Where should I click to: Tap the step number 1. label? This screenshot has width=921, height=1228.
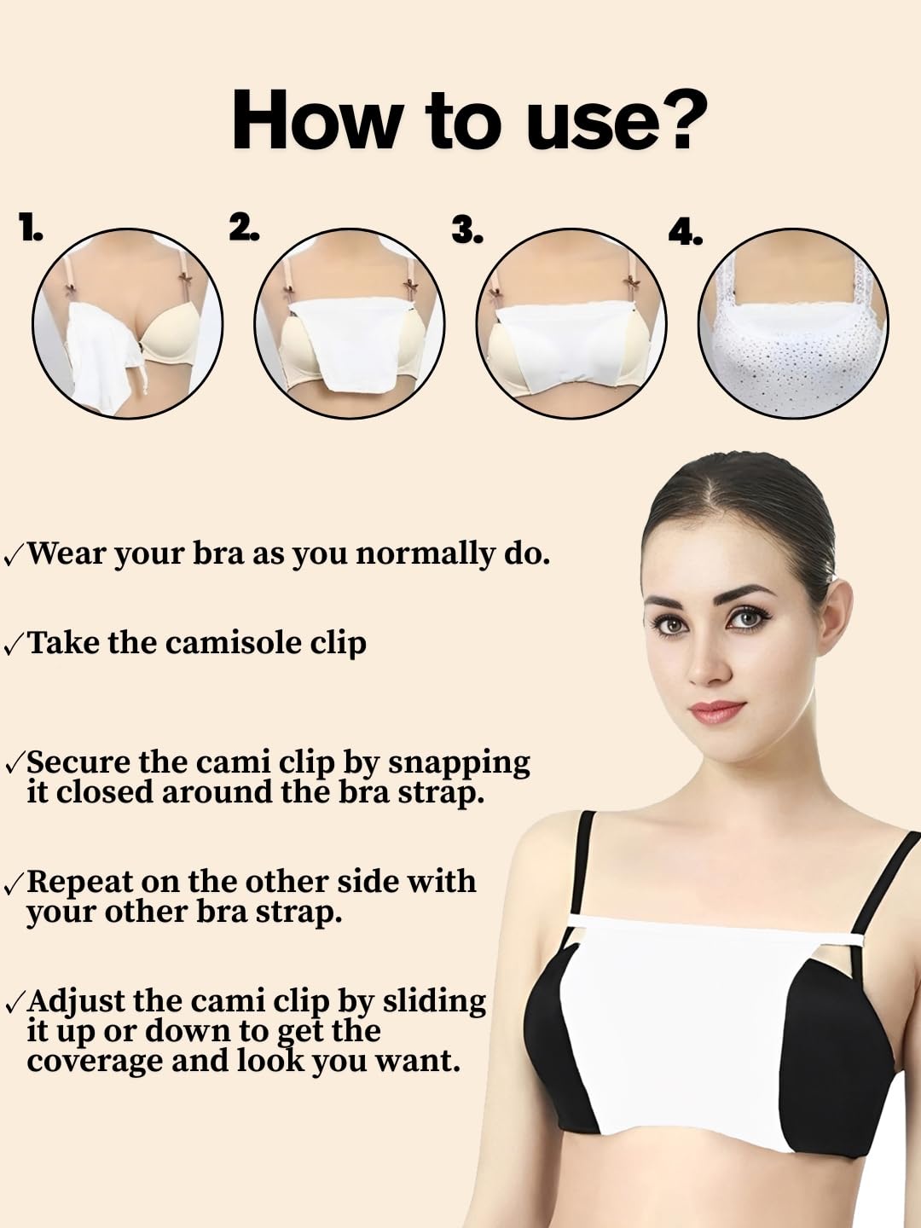31,228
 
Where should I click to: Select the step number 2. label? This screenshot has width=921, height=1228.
244,227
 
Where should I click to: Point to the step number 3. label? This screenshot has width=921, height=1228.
466,229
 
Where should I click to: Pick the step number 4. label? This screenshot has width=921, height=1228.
685,232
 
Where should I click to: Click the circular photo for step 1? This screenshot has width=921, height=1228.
128,323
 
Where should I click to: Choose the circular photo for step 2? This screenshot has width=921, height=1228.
350,323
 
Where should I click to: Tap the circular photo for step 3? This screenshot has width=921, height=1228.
571,323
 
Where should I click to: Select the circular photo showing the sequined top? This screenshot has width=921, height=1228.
793,323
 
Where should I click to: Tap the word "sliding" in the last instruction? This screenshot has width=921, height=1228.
434,1000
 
